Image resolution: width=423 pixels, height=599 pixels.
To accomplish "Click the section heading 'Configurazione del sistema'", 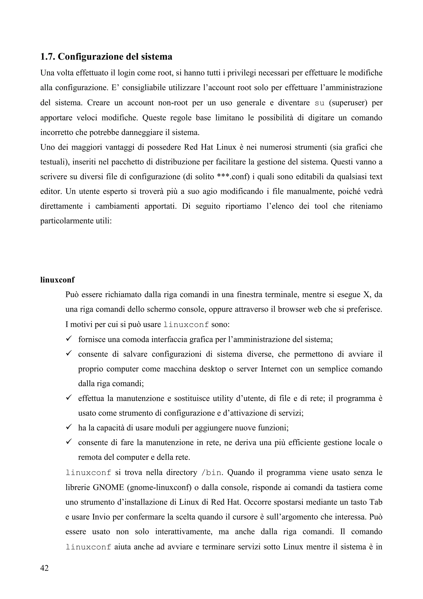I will (115, 57).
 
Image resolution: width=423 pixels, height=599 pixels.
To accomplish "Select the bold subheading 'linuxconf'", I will (57, 280).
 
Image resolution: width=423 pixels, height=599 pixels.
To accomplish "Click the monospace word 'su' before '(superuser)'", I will (320, 103).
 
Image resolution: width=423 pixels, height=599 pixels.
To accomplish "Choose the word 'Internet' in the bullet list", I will (277, 369).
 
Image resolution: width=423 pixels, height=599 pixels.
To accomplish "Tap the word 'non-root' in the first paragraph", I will (173, 103).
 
